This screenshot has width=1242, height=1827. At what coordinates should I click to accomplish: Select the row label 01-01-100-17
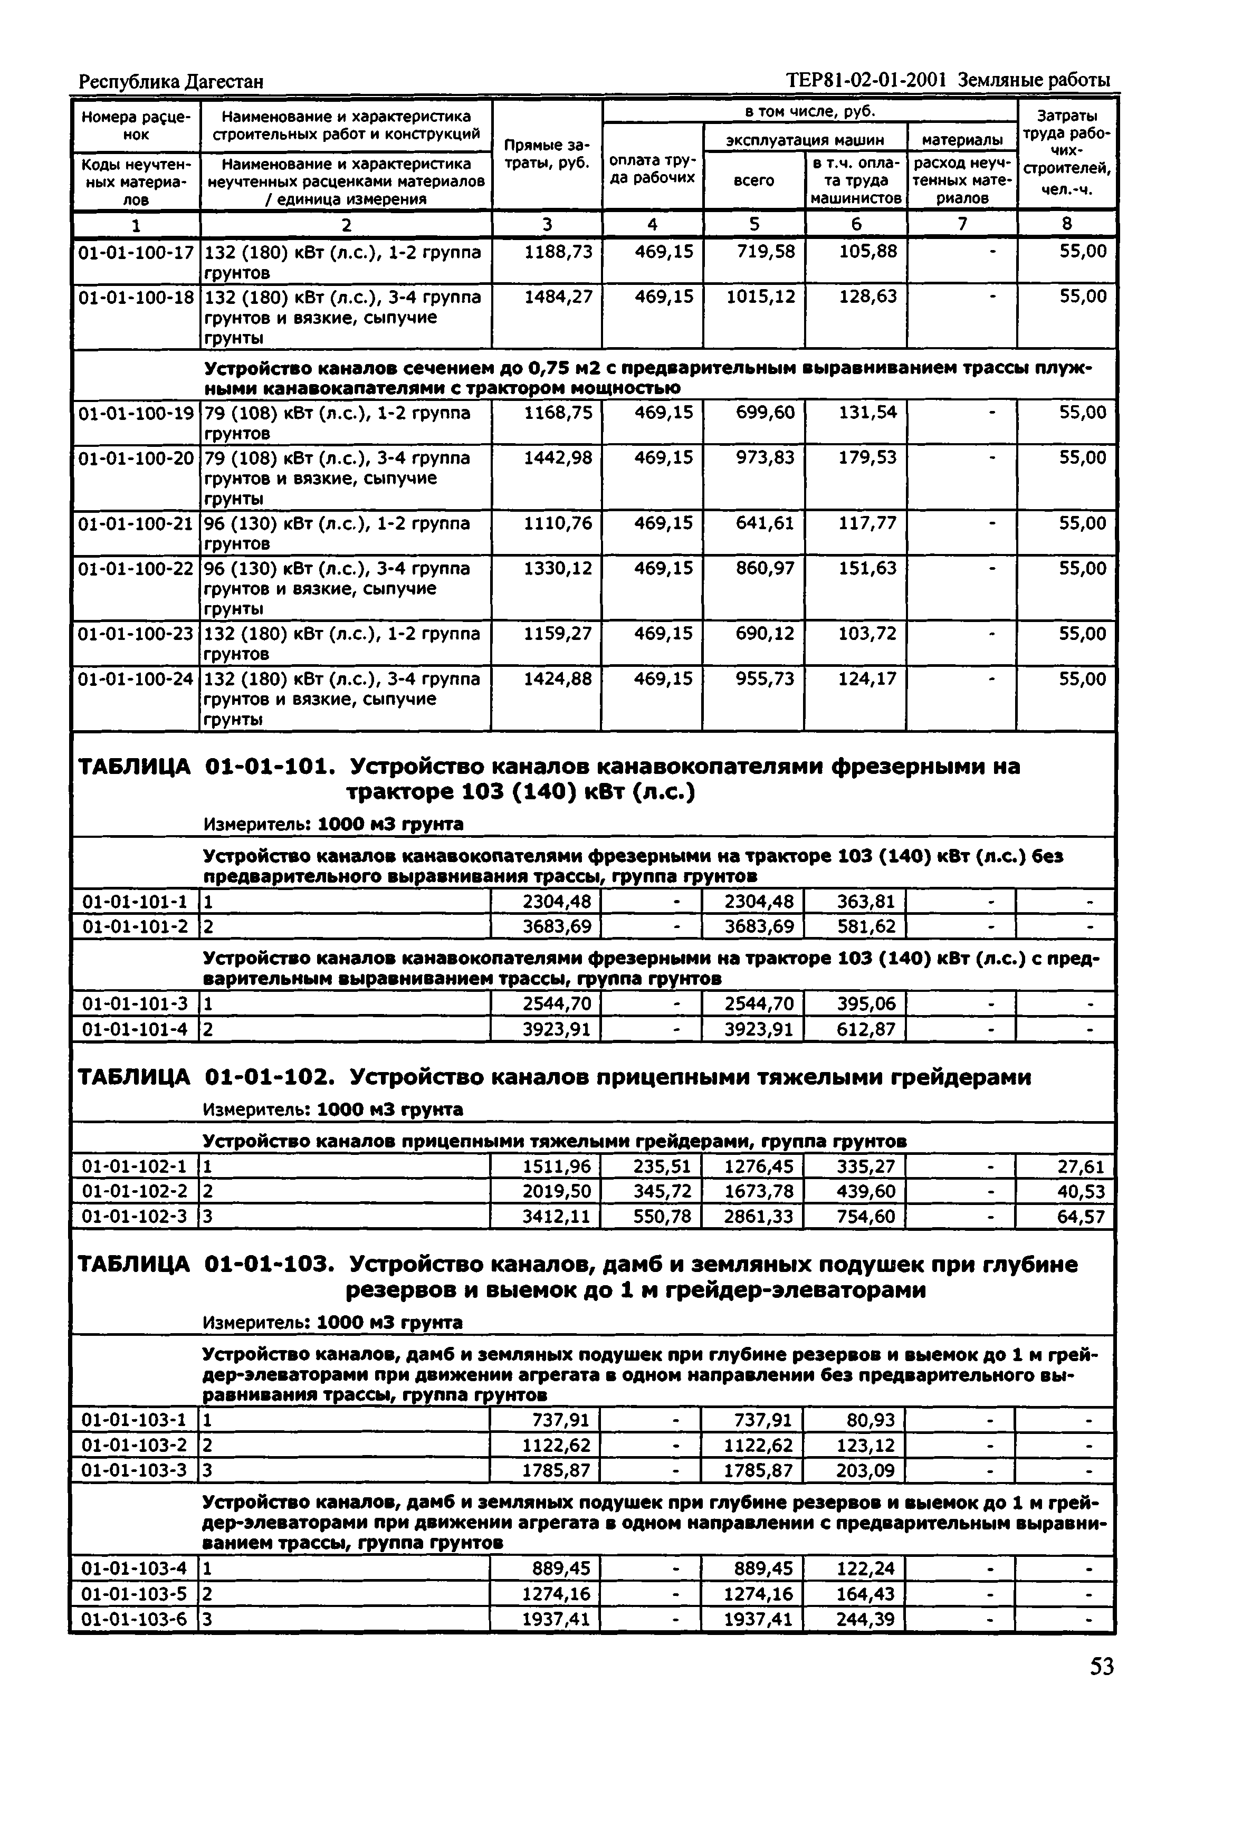point(136,252)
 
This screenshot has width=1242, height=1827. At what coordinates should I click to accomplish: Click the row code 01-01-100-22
point(136,568)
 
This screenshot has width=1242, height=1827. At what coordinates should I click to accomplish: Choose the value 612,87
point(865,1029)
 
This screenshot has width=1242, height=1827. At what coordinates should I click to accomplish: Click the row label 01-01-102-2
point(135,1191)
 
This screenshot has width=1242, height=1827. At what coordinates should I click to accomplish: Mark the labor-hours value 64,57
point(1081,1217)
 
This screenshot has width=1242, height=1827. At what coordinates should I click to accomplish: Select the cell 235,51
point(662,1166)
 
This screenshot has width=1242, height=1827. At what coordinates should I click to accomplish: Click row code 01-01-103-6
point(135,1620)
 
